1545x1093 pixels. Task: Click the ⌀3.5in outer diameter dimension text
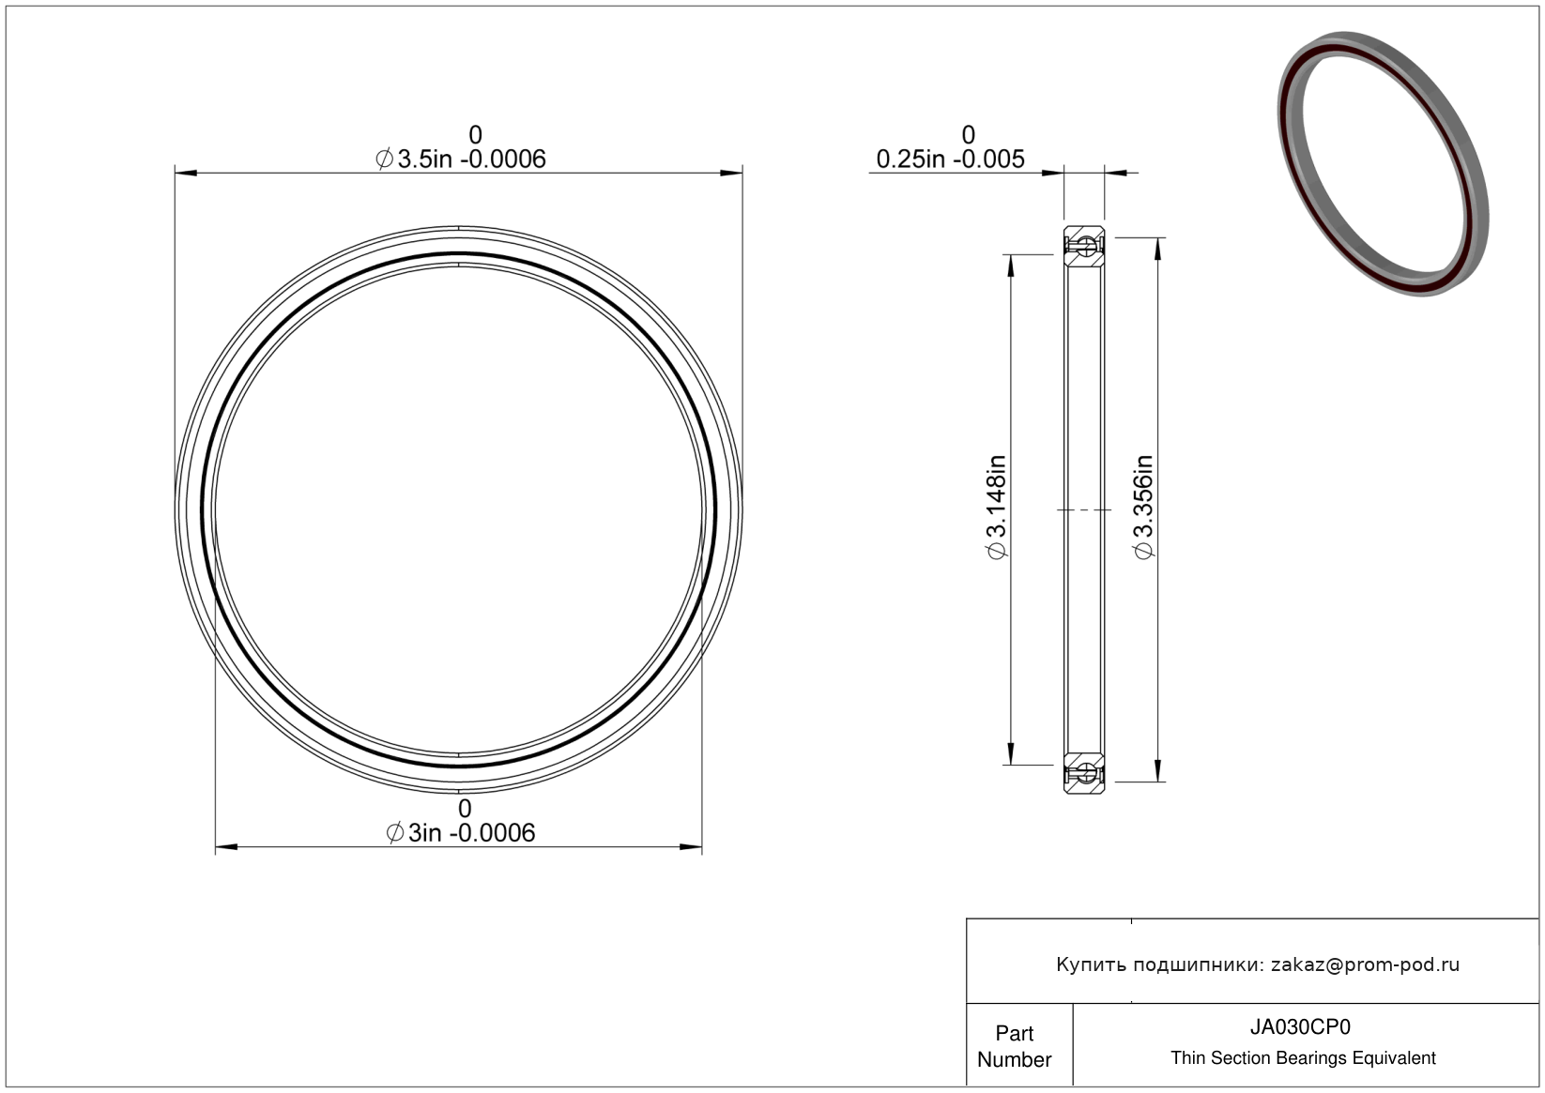pos(460,159)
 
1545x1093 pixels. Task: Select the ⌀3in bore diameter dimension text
pos(460,833)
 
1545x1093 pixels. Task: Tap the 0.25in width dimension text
pos(950,159)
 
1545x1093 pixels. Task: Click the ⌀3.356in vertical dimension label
pos(1143,507)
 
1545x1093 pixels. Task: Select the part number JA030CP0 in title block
pos(1300,1026)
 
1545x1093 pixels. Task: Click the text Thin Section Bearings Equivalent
pos(1303,1058)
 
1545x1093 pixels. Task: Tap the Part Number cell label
pos(1014,1046)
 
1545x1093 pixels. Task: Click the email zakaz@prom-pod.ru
pos(1365,964)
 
